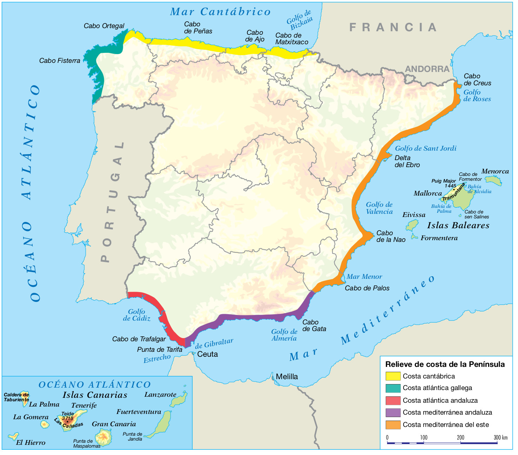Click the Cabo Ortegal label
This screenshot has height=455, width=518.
[104, 26]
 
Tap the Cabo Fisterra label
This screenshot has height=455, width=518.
[60, 61]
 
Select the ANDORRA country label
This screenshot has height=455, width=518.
[427, 69]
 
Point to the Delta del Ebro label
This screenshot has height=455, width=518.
[407, 161]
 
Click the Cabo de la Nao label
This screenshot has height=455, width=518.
[391, 236]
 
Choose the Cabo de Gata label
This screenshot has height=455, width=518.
[314, 325]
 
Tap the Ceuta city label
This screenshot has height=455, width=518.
[207, 354]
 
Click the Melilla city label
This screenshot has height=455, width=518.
[287, 377]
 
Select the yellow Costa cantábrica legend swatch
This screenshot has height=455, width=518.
[393, 376]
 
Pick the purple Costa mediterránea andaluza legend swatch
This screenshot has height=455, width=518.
[393, 413]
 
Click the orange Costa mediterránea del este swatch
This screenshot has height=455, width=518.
[393, 425]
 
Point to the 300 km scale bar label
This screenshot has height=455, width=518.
[500, 437]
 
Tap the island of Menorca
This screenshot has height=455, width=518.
[493, 180]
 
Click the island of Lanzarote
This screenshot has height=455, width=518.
[179, 400]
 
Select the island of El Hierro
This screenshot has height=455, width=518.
[13, 436]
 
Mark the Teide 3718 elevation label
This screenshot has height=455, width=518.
[67, 416]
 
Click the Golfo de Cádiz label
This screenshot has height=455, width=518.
[137, 315]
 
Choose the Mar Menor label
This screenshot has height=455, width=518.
[364, 277]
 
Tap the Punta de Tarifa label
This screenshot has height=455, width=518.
[160, 350]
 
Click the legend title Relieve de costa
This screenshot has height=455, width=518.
[445, 364]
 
